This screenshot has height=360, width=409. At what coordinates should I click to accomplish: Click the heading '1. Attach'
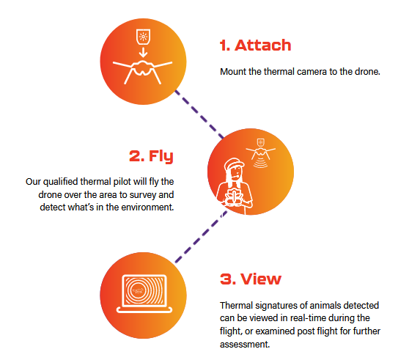click(x=255, y=45)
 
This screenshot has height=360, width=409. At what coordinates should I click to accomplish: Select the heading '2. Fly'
click(x=151, y=156)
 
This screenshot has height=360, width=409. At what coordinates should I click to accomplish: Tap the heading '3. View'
click(x=251, y=279)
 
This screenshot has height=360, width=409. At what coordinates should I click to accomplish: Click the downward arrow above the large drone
click(x=143, y=52)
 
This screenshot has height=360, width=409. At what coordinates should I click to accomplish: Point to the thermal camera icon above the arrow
click(x=143, y=37)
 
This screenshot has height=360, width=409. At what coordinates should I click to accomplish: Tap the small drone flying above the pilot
click(x=261, y=153)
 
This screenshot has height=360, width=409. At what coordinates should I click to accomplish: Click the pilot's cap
click(x=234, y=163)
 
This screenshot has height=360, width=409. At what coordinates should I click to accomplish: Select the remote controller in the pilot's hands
click(x=234, y=197)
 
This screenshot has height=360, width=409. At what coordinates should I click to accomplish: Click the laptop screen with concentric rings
click(x=144, y=290)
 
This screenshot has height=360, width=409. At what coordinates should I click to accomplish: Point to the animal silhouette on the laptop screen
click(x=137, y=290)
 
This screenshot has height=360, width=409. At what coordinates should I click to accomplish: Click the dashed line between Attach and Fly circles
click(x=199, y=114)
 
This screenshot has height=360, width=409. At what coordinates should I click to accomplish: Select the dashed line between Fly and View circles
click(x=201, y=237)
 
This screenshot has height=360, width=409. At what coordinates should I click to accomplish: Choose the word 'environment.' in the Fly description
click(x=147, y=207)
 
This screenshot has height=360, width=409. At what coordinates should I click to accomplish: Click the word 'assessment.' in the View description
click(x=245, y=345)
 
